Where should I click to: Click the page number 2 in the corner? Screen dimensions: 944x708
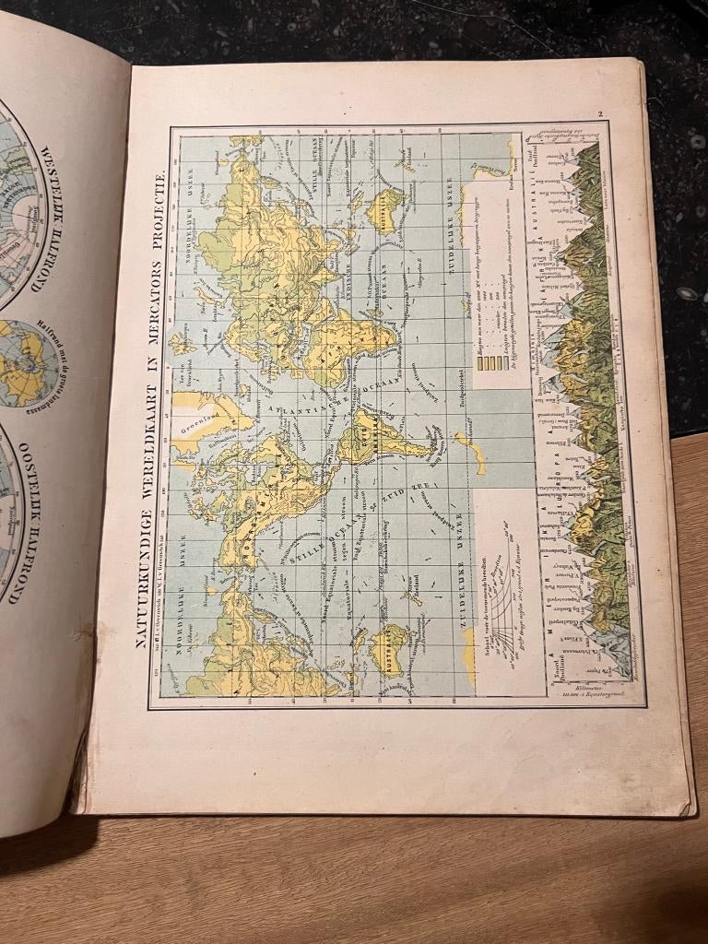point(599,115)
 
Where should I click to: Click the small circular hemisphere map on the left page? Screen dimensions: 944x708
point(28,364)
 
